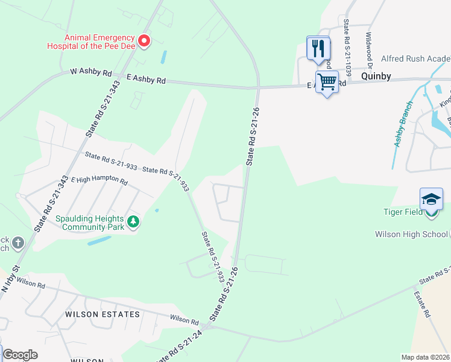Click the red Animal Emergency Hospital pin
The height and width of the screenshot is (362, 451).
144,41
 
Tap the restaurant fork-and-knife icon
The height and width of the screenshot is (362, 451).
318,48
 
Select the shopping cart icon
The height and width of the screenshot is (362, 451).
327,81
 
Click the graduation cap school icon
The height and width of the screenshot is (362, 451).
431,199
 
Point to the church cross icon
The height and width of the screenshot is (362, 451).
18,243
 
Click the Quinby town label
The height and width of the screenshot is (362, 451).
376,77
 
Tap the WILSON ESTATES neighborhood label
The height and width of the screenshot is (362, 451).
102,314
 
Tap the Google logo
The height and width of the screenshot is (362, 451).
20,355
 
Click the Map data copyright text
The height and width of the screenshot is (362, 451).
425,357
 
